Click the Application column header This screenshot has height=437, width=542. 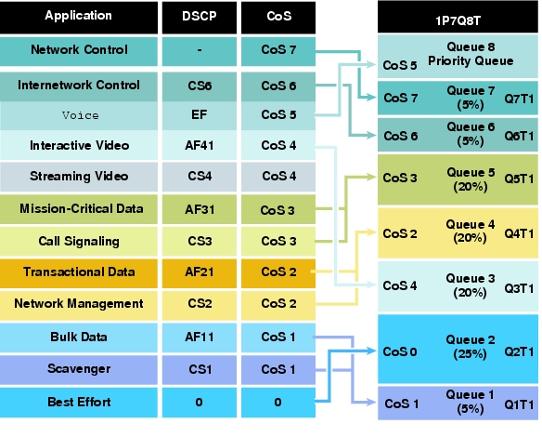pyautogui.click(x=79, y=18)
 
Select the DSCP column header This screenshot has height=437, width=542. pyautogui.click(x=200, y=18)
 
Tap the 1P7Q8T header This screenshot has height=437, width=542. pyautogui.click(x=458, y=17)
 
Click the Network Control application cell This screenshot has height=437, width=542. pyautogui.click(x=79, y=51)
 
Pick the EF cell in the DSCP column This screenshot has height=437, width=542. pyautogui.click(x=200, y=115)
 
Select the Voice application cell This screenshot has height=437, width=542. pyautogui.click(x=79, y=115)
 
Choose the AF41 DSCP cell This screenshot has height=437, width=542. pyautogui.click(x=200, y=145)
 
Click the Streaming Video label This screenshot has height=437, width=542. pyautogui.click(x=79, y=177)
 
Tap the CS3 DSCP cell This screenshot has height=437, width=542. pyautogui.click(x=200, y=241)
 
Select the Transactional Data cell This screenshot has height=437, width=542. pyautogui.click(x=79, y=272)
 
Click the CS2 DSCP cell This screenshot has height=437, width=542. pyautogui.click(x=200, y=305)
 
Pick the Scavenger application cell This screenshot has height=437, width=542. pyautogui.click(x=79, y=370)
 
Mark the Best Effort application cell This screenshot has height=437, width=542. pyautogui.click(x=79, y=402)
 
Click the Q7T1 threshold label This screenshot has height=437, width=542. pyautogui.click(x=519, y=99)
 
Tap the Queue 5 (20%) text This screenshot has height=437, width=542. pyautogui.click(x=471, y=179)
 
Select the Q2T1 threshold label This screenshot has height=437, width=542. pyautogui.click(x=519, y=351)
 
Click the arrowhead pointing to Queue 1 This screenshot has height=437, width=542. pyautogui.click(x=371, y=402)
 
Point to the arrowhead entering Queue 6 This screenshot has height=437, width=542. pyautogui.click(x=371, y=135)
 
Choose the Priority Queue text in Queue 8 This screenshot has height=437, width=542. pyautogui.click(x=471, y=61)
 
